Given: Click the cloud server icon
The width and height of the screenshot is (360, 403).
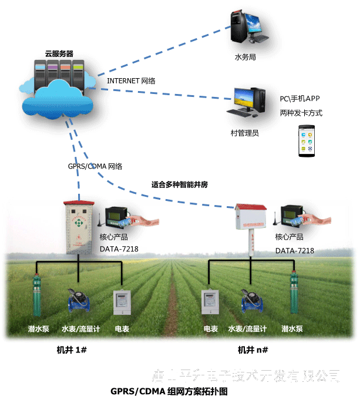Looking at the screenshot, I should pos(59,88).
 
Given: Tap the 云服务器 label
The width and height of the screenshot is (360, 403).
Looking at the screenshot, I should pos(58,53).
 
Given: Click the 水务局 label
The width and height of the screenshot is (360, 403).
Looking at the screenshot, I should pos(245,58).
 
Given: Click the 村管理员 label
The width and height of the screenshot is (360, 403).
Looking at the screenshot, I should pos(245,133).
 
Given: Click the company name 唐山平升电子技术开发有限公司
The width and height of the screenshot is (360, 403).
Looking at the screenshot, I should pos(246,375).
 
